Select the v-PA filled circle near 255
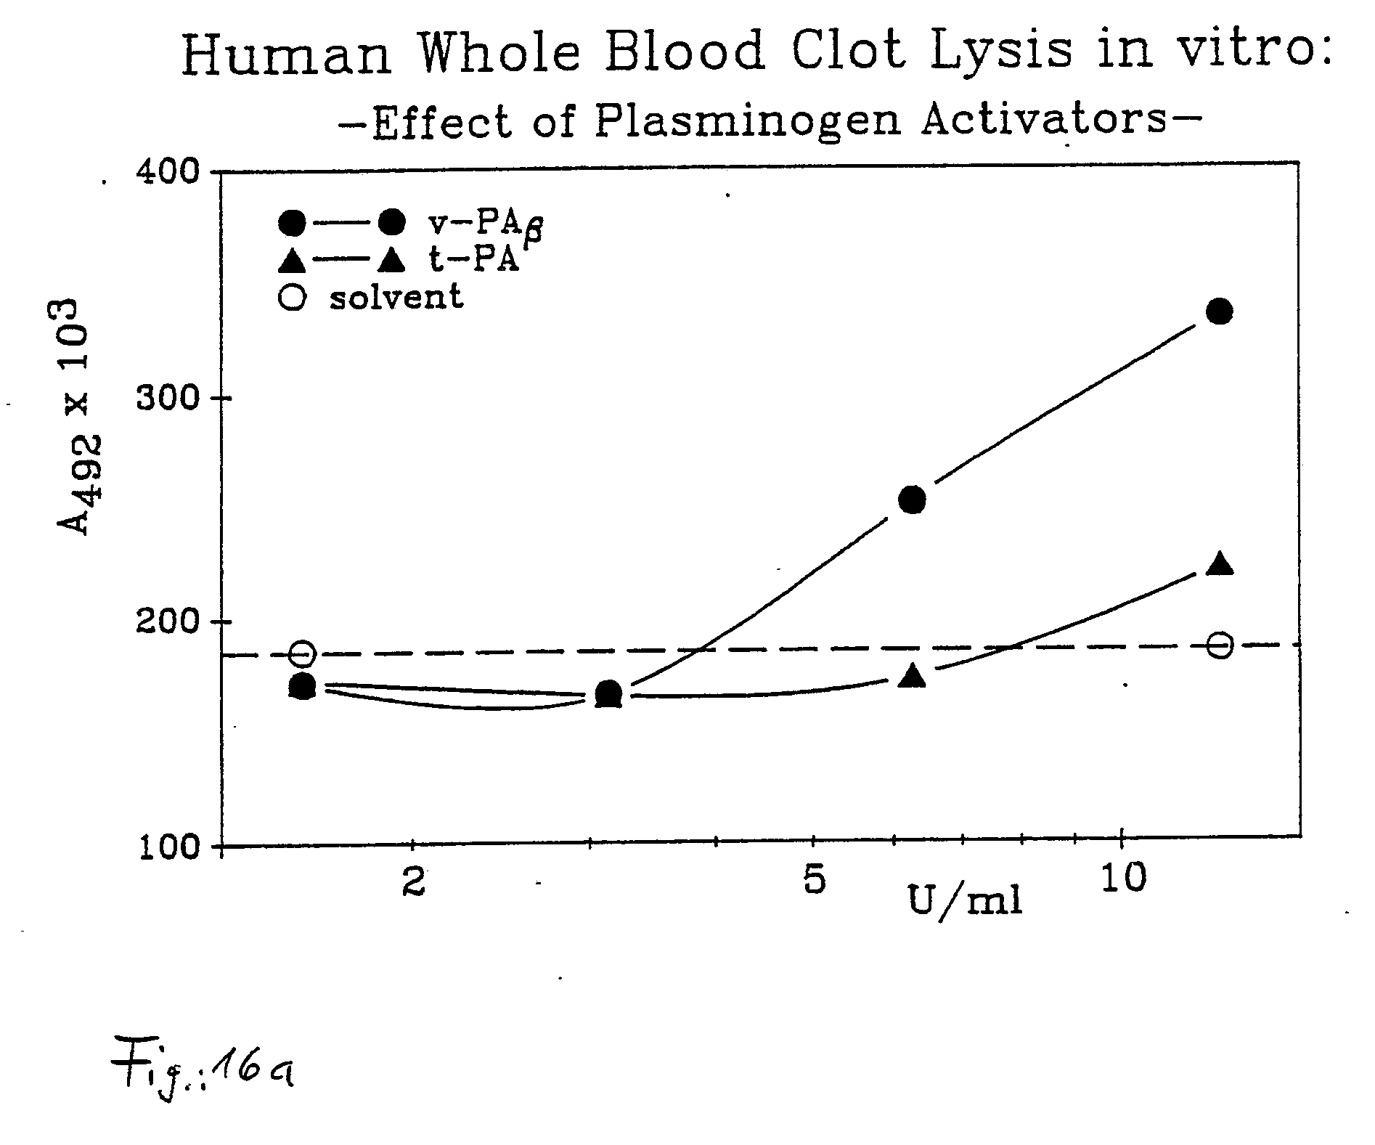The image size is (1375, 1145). click(913, 500)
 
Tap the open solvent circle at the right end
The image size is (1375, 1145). click(1221, 645)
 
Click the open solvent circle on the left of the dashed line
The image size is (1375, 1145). click(303, 653)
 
